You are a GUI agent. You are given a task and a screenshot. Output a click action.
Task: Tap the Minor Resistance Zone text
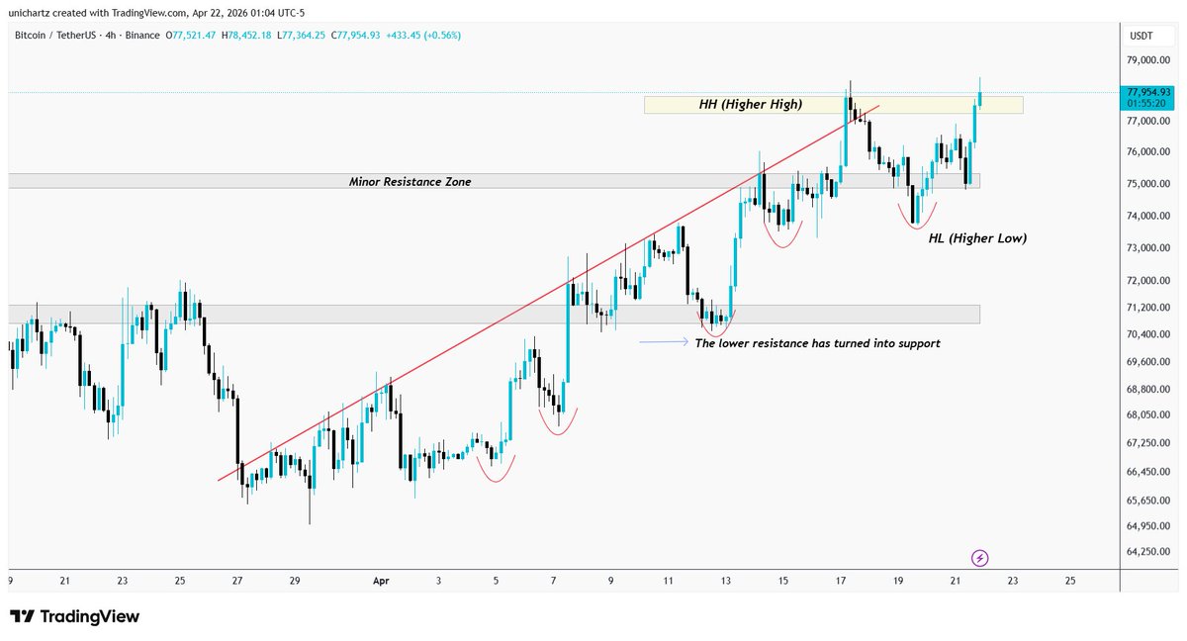coord(410,182)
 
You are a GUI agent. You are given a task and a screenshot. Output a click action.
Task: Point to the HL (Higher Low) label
coord(977,238)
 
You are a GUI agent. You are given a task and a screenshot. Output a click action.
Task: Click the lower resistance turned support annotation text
coord(817,343)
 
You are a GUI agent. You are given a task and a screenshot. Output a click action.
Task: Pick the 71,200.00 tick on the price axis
coord(1147,308)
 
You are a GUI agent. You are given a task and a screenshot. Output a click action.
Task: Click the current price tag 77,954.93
coord(1147,92)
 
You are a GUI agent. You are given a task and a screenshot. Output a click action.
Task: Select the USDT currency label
coord(1141,36)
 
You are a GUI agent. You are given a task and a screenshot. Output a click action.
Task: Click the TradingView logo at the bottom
coord(74,617)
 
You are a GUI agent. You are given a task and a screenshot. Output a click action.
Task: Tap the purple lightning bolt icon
coord(979,558)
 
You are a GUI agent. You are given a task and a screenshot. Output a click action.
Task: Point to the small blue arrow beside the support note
coord(664,342)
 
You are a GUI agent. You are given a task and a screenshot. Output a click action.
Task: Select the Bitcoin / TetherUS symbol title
coord(64,36)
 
